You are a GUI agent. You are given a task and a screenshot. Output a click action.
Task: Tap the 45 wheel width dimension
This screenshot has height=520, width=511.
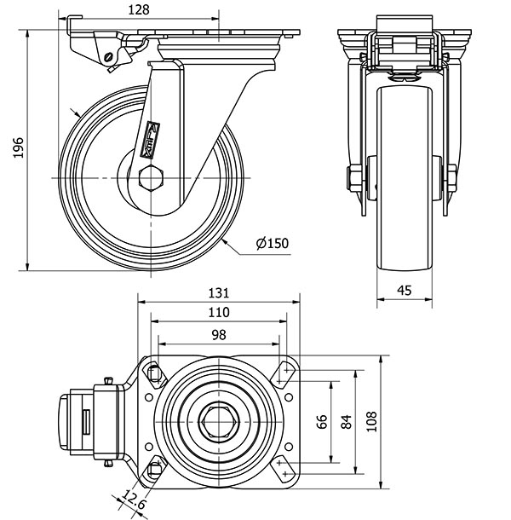tap(405, 290)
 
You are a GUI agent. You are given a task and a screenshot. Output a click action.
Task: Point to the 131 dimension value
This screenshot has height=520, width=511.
tap(220, 292)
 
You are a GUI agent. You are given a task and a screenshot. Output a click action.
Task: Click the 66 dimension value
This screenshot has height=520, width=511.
tap(322, 422)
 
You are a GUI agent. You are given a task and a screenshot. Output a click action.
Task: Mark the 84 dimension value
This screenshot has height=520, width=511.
tap(347, 422)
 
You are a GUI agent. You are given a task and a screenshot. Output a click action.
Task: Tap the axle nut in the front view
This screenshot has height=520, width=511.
tap(351, 180)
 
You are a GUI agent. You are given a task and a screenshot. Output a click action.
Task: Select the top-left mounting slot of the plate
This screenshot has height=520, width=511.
tap(154, 372)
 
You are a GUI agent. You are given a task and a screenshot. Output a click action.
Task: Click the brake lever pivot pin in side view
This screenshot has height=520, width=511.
tap(108, 57)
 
